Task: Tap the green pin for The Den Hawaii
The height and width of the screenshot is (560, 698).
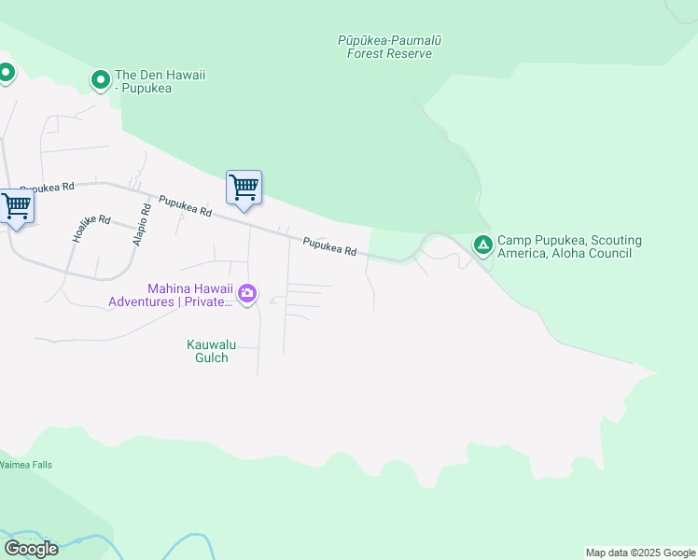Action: coord(101,80)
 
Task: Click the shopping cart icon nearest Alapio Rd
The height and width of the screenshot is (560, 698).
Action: coord(244,188)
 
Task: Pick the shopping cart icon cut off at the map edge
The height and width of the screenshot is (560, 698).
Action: coord(16,205)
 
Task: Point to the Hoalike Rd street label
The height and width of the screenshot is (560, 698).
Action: coord(91,230)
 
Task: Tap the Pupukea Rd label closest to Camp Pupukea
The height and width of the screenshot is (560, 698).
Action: coord(329,247)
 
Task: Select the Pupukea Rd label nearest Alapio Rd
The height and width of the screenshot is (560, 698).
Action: coord(185,206)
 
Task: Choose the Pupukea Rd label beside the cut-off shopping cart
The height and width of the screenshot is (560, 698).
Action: coord(47,188)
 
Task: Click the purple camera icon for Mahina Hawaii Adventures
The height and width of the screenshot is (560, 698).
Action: coord(246,294)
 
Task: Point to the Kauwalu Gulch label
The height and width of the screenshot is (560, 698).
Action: coord(211,351)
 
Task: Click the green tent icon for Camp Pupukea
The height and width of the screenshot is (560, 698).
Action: coord(482,245)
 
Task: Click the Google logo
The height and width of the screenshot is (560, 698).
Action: coord(31,548)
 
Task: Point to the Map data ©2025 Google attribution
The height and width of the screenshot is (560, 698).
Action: coord(640,553)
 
